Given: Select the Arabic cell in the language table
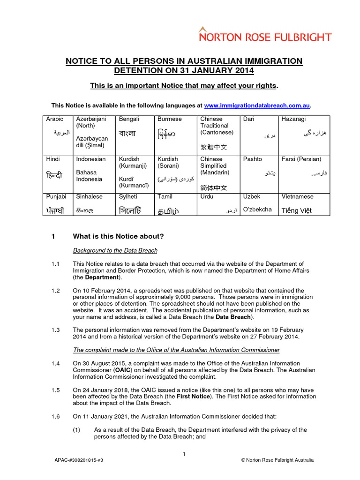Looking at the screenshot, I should point(58,134).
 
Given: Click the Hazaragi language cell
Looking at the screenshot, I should point(304,134).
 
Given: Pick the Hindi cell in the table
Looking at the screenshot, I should point(58,173).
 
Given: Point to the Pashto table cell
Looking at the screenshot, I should point(259,173).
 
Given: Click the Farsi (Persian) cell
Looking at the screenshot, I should point(304,173).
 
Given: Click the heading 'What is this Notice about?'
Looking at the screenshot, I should point(118,236).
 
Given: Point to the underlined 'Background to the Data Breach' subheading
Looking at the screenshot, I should point(115,251).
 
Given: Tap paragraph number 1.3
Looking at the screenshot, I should point(56,330).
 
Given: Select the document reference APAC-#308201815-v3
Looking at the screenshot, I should point(79,460).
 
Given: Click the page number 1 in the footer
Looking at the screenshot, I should point(184,454).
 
